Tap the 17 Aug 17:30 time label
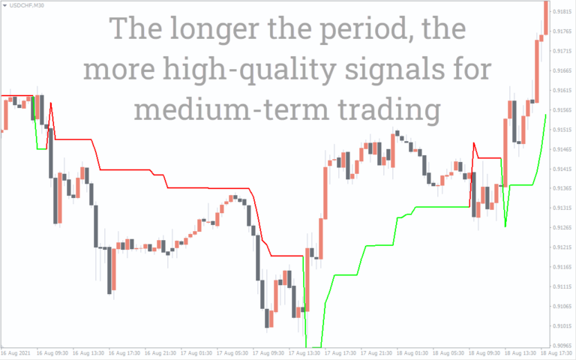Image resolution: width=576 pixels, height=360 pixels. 340,352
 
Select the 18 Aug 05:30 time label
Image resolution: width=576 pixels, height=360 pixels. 447,352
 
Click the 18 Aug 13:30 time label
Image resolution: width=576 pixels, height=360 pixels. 519,352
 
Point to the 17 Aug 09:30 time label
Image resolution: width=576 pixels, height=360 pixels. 268,352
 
